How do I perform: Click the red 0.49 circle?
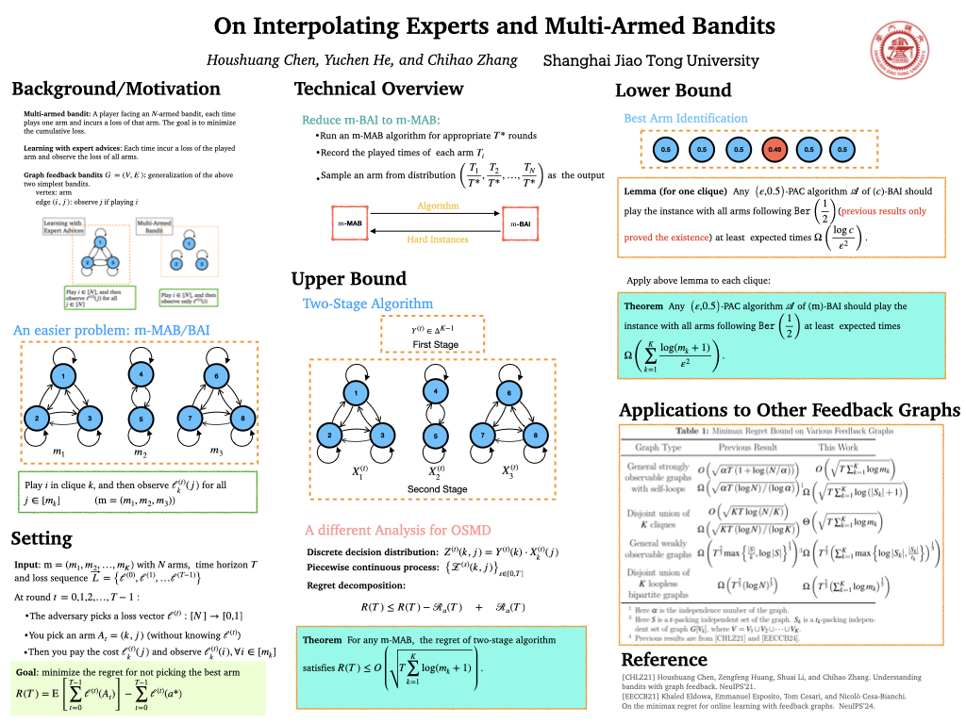tap(774, 149)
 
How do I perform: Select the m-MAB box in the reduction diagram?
tap(351, 222)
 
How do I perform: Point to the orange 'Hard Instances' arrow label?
tap(437, 239)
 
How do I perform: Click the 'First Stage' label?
tap(435, 346)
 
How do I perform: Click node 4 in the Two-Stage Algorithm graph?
tap(435, 391)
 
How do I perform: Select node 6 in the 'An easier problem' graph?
tap(215, 377)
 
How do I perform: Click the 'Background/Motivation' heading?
tap(116, 90)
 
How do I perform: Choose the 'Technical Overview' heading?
tap(379, 90)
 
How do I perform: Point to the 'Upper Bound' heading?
tap(348, 279)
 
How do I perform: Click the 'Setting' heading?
tap(42, 539)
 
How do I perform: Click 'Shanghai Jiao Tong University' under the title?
tap(651, 60)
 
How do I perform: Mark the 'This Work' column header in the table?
tap(839, 447)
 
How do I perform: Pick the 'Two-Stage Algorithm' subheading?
tap(368, 304)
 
